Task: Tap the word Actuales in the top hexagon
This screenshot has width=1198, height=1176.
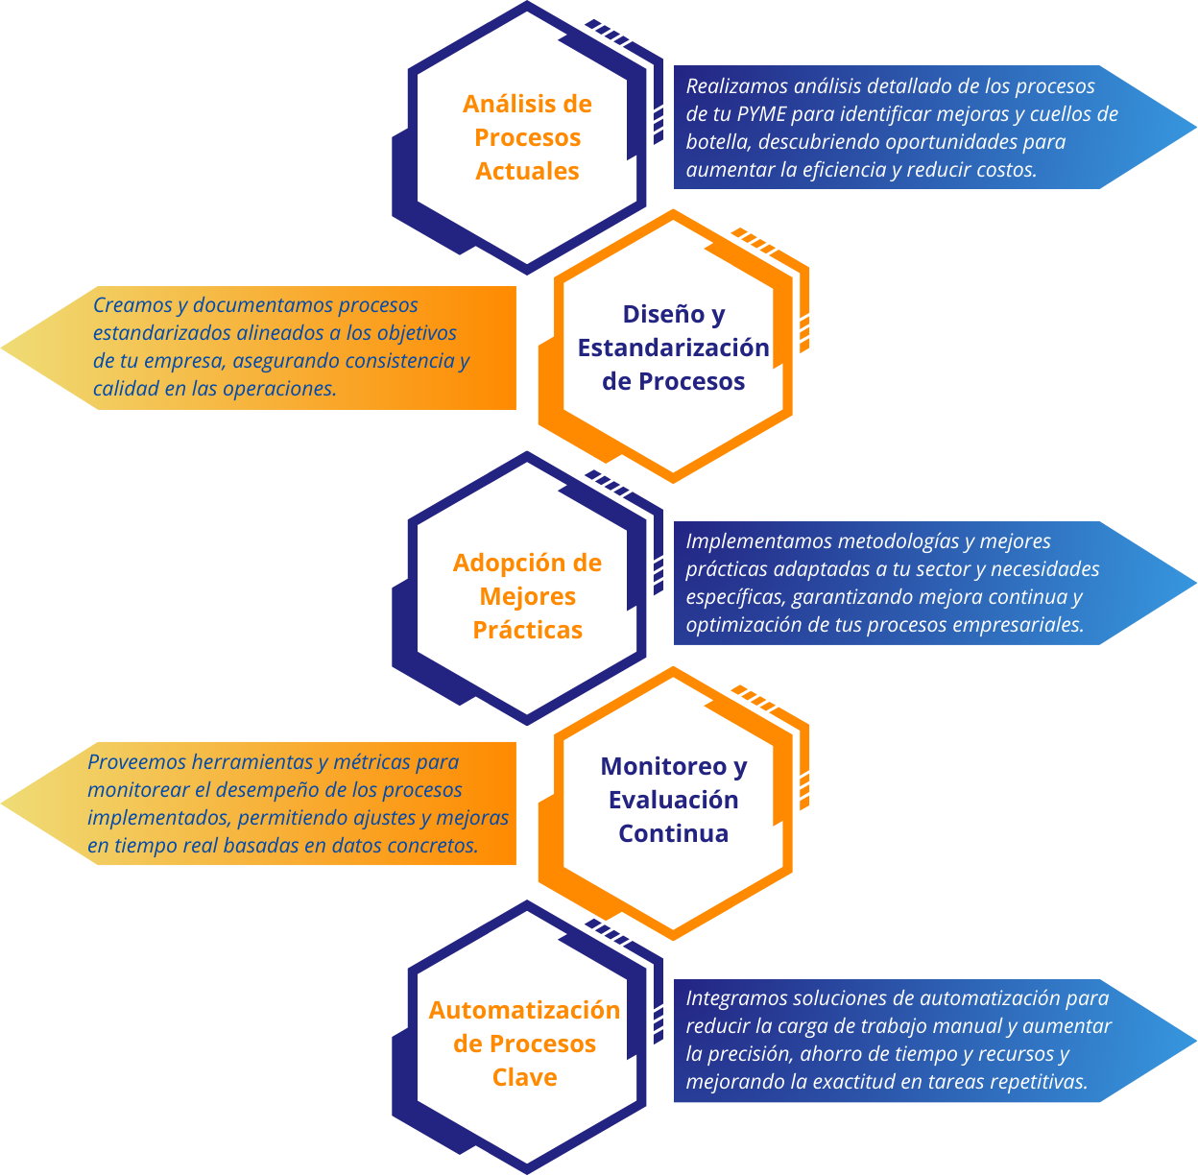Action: [527, 171]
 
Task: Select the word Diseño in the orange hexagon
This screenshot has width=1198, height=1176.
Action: [661, 315]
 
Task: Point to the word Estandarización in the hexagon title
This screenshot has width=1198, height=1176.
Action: [673, 348]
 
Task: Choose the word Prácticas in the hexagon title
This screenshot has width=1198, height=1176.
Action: [528, 630]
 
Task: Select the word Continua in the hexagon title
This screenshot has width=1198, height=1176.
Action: [673, 833]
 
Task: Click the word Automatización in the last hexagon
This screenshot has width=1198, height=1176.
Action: [524, 1010]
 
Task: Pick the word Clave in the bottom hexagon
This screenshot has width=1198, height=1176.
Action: [525, 1077]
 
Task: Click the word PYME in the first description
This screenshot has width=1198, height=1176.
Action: [761, 114]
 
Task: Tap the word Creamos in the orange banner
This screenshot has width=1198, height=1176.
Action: [132, 305]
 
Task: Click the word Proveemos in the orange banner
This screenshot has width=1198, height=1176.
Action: [136, 762]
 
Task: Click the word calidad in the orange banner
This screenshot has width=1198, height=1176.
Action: [123, 389]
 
